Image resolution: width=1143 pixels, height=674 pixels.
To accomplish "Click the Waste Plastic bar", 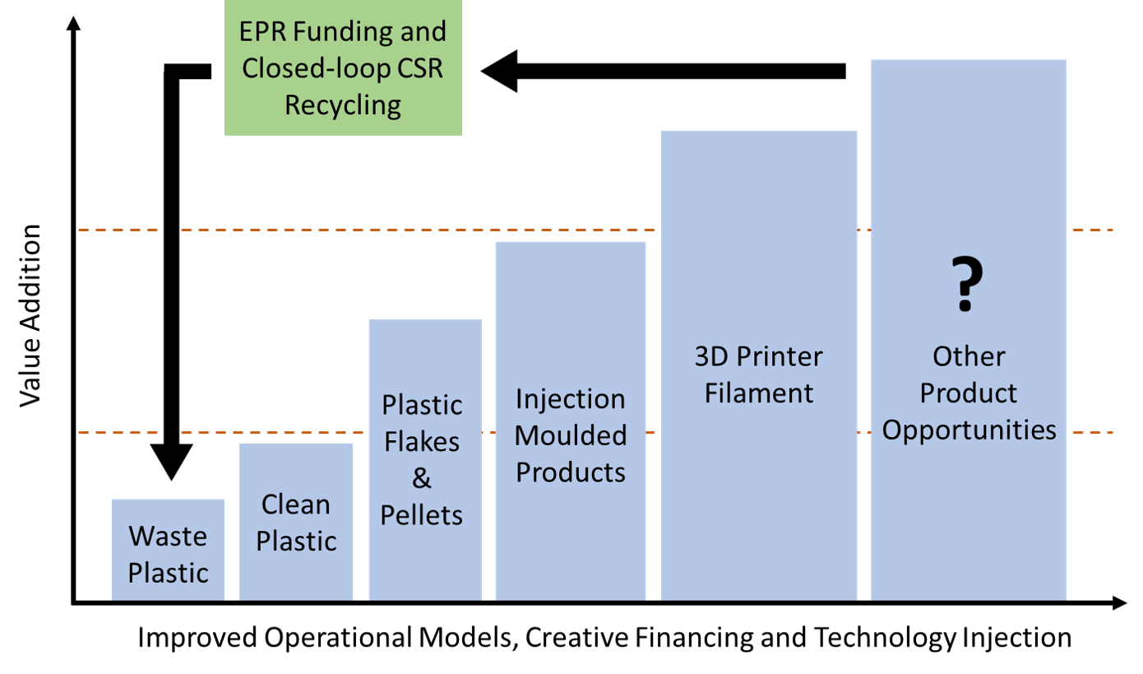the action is click(x=168, y=550).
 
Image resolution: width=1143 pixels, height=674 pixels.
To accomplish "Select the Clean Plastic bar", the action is click(x=296, y=522).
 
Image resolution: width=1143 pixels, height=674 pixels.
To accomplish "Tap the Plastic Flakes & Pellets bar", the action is click(x=425, y=460).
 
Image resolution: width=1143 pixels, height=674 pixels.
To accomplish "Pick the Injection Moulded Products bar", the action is click(x=571, y=421).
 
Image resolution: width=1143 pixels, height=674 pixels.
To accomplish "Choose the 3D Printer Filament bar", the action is click(x=759, y=365).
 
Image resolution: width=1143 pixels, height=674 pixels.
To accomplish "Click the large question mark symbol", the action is click(x=967, y=284).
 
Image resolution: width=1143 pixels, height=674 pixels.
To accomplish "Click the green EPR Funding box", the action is click(x=343, y=67).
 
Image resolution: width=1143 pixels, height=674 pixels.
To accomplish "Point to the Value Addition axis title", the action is click(x=30, y=315).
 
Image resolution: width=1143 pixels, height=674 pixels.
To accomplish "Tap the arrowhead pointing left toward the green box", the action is click(x=499, y=71).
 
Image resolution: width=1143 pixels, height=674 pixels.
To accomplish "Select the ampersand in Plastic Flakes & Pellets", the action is click(x=422, y=478).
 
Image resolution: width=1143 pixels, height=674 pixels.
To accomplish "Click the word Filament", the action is click(x=759, y=393).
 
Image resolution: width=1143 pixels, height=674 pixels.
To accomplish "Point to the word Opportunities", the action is click(x=969, y=430).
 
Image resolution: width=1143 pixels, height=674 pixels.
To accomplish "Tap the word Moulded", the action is click(x=571, y=435).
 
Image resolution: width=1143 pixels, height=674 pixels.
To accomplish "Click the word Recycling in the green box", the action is click(x=343, y=105).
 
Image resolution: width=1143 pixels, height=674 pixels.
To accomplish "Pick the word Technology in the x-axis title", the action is click(x=886, y=638).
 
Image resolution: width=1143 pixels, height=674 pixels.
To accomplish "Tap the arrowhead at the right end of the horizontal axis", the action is click(x=1119, y=603).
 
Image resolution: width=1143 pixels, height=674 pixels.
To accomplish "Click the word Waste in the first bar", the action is click(x=168, y=536).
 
